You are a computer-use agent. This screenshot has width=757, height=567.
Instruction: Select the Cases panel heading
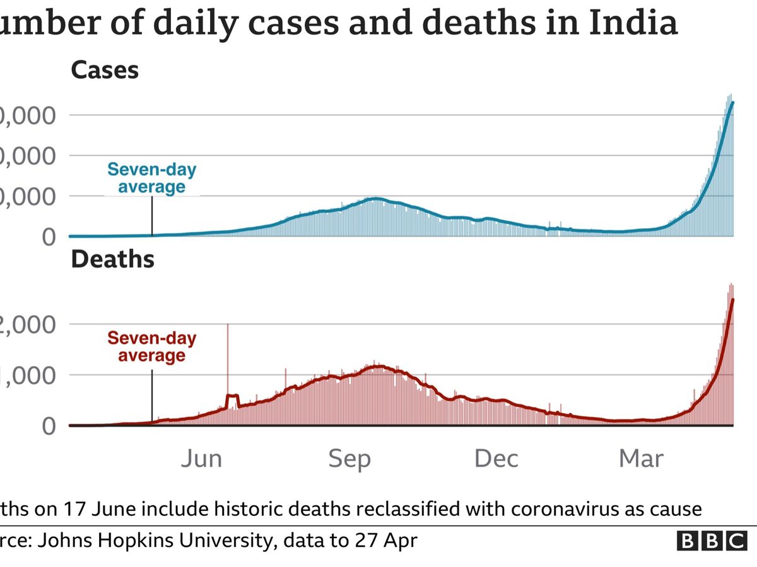(105, 69)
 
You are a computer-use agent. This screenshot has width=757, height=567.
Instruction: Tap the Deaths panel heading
(113, 259)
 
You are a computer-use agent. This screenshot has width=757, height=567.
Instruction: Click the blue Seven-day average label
(151, 178)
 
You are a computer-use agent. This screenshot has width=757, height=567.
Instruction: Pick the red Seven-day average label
(151, 346)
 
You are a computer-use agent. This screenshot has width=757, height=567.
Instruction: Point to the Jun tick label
(201, 458)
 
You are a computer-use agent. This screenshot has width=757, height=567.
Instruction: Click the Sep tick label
(349, 459)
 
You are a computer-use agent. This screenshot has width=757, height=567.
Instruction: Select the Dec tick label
(496, 458)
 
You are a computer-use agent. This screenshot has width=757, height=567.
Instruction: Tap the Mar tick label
(642, 458)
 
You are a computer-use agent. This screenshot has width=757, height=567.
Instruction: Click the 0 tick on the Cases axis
(48, 237)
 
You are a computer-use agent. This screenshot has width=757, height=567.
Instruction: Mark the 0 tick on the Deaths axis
(48, 426)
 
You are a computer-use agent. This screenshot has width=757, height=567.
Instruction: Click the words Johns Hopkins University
(152, 541)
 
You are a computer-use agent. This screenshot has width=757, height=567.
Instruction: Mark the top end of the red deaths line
(732, 299)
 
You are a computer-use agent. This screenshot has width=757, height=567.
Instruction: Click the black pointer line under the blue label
(152, 215)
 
